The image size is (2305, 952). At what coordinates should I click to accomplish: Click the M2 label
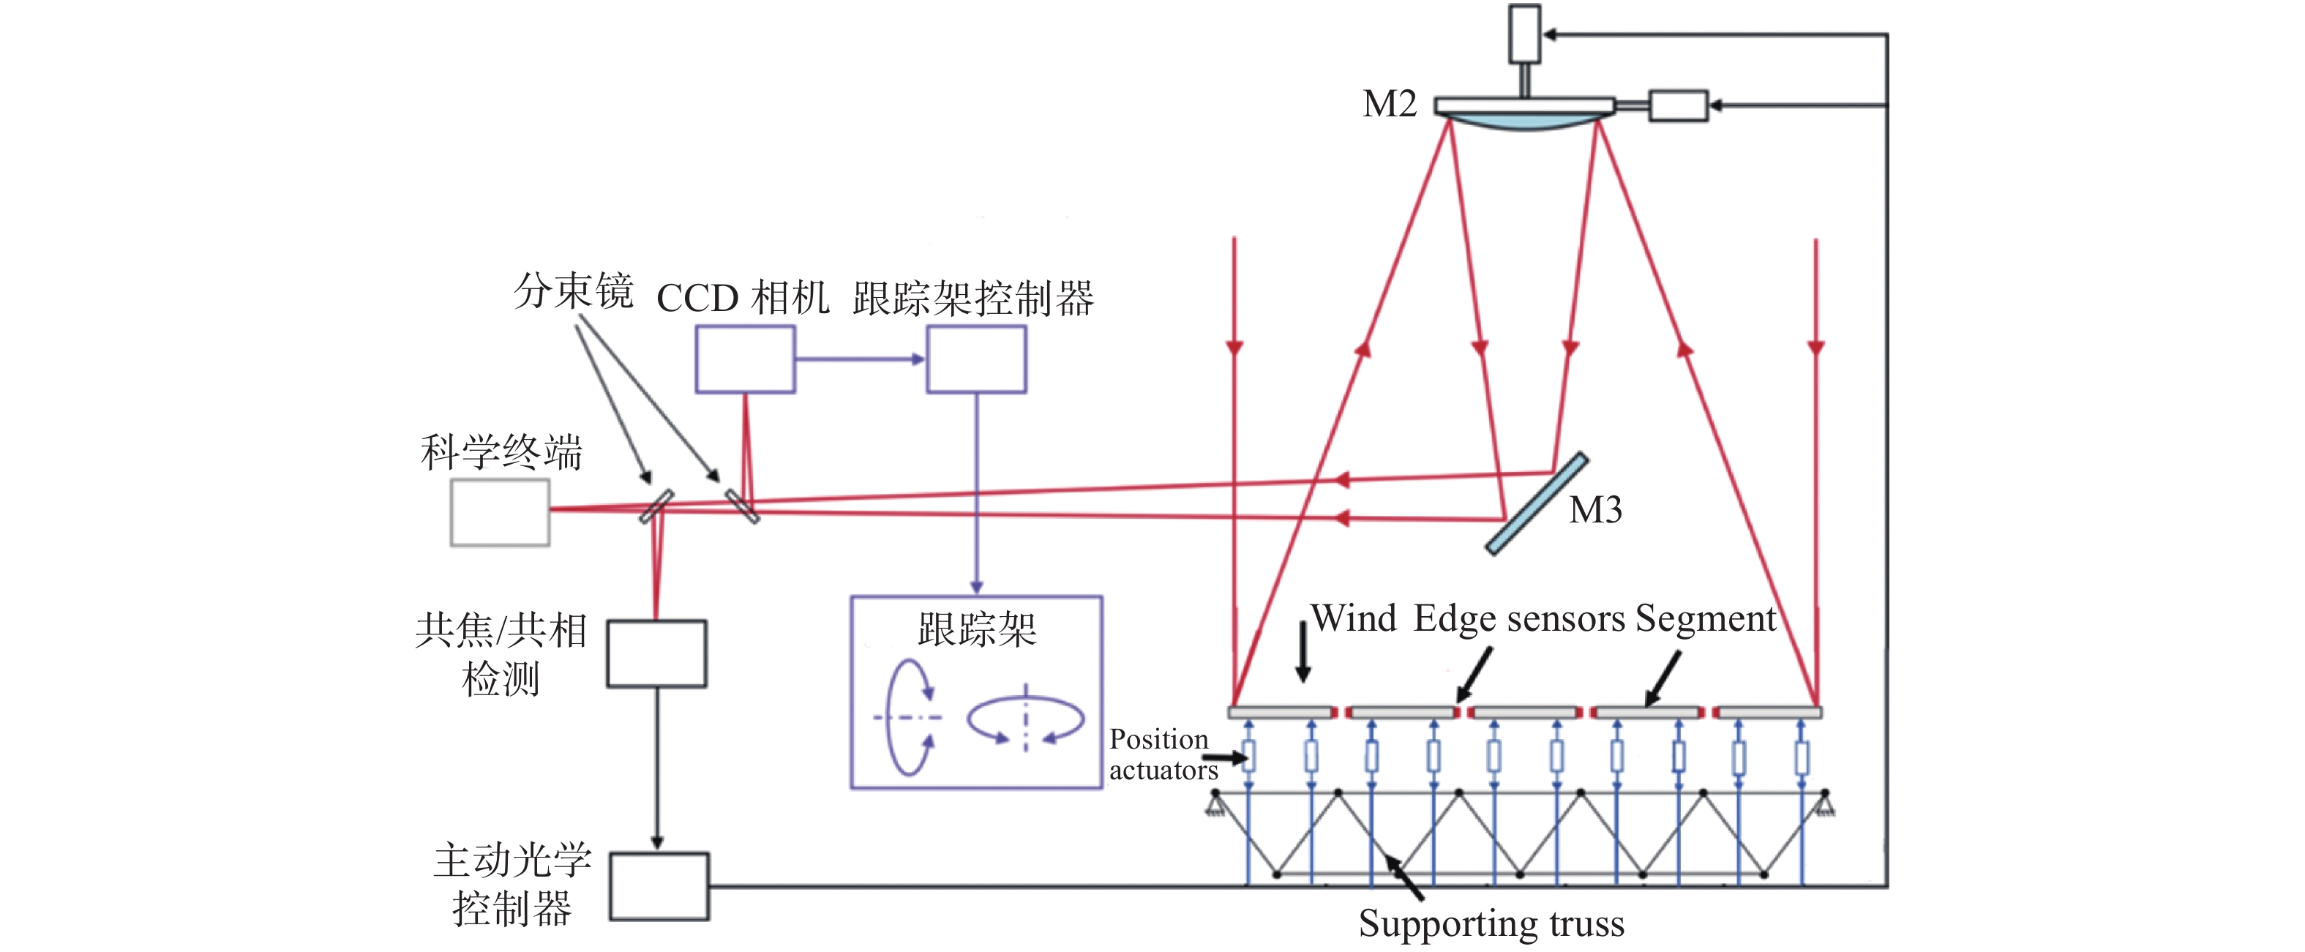point(1389,105)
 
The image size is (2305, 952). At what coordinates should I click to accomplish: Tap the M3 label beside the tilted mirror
point(1595,511)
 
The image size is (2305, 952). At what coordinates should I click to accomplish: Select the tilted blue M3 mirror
point(1537,503)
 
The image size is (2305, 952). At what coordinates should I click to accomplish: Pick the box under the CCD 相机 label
point(746,359)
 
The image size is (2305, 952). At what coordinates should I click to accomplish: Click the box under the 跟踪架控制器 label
point(976,359)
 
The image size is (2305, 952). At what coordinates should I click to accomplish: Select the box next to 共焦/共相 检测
point(657,654)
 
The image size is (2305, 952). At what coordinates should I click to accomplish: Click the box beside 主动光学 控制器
point(659,887)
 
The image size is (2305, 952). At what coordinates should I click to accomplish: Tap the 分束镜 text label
point(574,292)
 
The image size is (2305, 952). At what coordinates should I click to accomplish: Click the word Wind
point(1353,619)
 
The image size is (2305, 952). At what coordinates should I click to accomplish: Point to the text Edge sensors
point(1518,619)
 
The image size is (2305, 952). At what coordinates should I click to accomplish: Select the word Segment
point(1706,619)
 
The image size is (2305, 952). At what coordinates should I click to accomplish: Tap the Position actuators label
point(1161,754)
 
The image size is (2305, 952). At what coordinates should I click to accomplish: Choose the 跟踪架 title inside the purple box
point(977,630)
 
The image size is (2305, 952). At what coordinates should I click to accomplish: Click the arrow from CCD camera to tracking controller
point(860,359)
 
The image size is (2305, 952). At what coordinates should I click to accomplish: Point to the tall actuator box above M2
point(1525,34)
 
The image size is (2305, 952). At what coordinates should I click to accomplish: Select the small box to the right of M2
point(1679,105)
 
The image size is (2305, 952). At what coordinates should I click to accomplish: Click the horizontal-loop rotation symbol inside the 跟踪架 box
point(1025,719)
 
